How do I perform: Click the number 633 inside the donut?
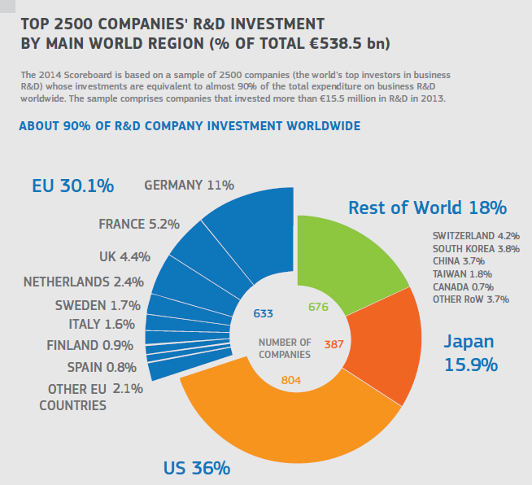click(x=263, y=312)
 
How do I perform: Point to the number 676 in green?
click(x=318, y=307)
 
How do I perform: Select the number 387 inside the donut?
click(x=334, y=344)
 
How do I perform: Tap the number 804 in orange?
click(x=291, y=380)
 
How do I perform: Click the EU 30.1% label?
click(x=72, y=186)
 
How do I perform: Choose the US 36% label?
click(x=197, y=468)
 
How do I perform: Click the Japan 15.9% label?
click(x=470, y=352)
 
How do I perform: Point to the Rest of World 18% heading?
click(x=427, y=208)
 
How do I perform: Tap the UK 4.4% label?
click(x=124, y=256)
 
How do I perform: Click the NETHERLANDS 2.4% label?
click(x=83, y=282)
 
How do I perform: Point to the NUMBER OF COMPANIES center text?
click(x=284, y=348)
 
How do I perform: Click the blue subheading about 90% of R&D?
click(x=189, y=126)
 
